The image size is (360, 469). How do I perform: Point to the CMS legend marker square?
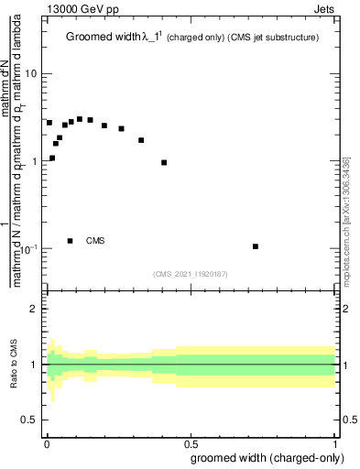(71, 241)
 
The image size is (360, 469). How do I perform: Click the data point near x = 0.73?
(256, 246)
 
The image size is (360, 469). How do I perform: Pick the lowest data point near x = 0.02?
(52, 158)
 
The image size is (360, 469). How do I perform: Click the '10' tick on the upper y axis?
(32, 73)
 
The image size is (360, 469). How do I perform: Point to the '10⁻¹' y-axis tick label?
(29, 249)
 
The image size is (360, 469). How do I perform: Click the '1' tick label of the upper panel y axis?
(35, 161)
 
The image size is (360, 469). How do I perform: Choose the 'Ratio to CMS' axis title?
(15, 365)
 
